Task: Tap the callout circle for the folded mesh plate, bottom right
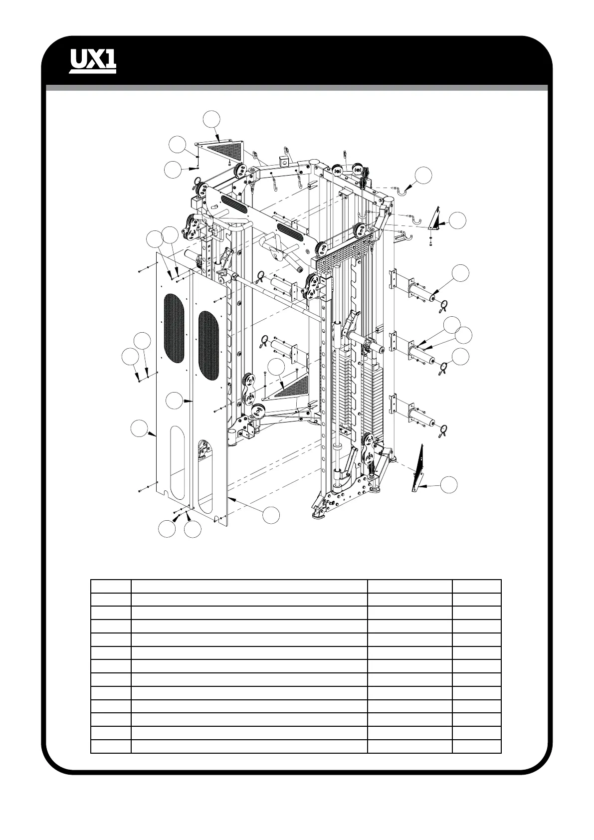(450, 484)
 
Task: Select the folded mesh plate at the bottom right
(419, 466)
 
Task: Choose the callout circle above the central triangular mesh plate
(276, 367)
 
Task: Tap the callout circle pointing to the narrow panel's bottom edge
(271, 516)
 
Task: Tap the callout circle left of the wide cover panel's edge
(140, 428)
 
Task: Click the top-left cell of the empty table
(111, 586)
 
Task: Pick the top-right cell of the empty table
(476, 586)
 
